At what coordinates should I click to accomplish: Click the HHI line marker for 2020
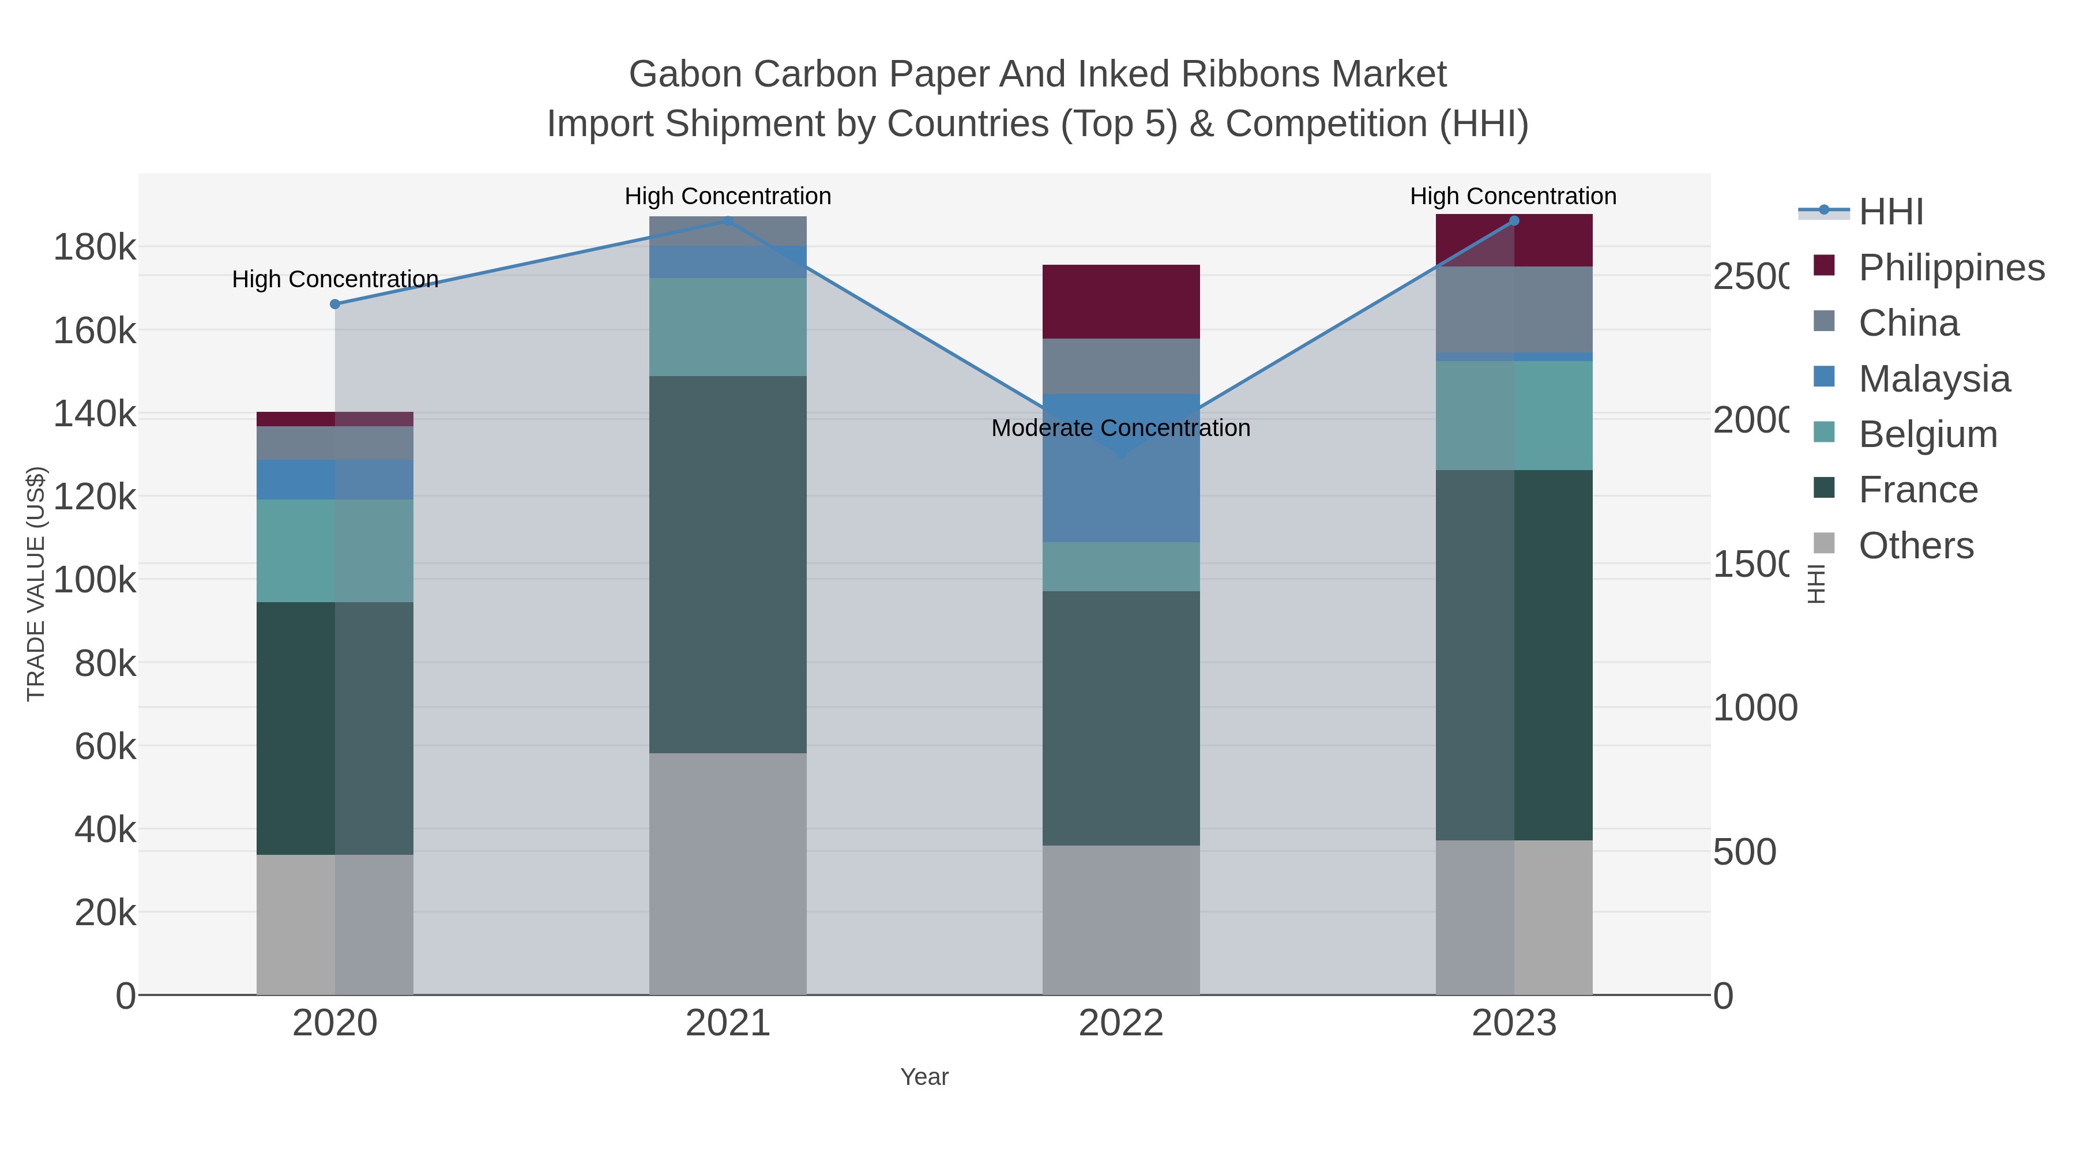335,304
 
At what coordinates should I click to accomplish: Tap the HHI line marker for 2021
728,221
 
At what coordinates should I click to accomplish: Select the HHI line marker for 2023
1514,221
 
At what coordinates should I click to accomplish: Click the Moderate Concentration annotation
1120,428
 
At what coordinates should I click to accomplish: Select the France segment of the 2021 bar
728,564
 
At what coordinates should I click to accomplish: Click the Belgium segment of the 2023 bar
1514,415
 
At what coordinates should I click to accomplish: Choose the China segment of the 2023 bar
1514,310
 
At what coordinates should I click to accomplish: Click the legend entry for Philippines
1951,268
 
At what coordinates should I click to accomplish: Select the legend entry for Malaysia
1934,379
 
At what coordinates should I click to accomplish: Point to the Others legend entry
1916,546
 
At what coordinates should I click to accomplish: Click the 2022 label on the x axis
1120,1024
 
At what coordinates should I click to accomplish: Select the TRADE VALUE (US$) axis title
36,584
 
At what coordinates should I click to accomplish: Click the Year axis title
924,1077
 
